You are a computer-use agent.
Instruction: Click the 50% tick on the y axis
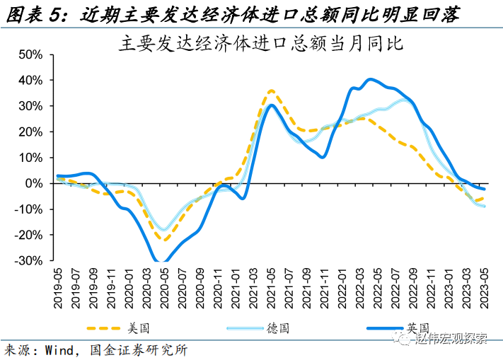[x=33, y=54]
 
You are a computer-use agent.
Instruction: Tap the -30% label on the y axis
[x=30, y=260]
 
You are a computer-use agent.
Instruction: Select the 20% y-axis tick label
[x=33, y=132]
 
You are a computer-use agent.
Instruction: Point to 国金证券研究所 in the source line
[x=145, y=350]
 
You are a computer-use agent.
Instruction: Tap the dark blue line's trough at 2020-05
[x=163, y=262]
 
